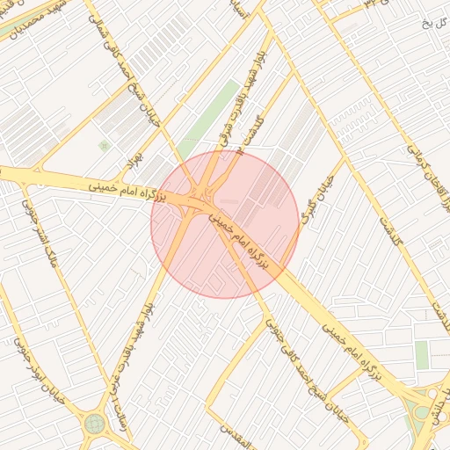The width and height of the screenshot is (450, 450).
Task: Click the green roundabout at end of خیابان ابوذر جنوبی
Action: pos(94,425)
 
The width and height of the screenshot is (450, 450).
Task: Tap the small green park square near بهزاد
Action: pos(105,146)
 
